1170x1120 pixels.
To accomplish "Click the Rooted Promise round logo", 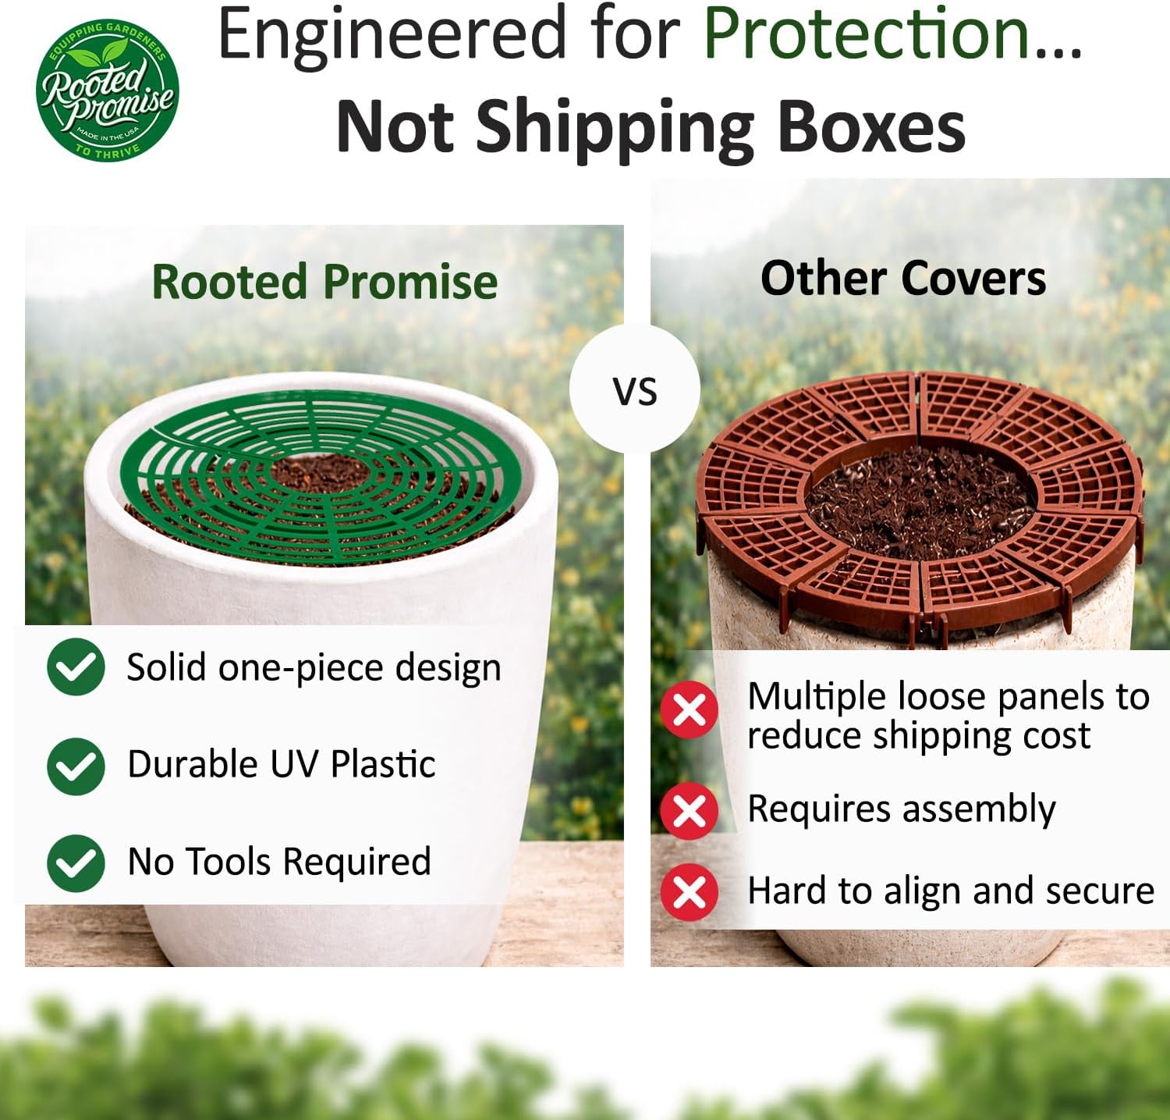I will click(x=108, y=91).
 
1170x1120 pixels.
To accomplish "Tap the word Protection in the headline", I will click(x=867, y=34).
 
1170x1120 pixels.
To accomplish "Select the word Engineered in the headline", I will click(x=391, y=34).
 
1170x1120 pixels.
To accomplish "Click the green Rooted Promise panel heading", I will click(x=324, y=282).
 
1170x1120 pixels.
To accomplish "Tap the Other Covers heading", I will click(x=902, y=279).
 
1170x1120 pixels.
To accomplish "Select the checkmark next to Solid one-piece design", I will click(x=76, y=667).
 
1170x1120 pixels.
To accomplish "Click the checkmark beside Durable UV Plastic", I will click(x=76, y=765).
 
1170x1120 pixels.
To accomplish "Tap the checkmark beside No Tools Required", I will click(x=76, y=862).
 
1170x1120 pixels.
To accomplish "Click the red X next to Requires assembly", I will click(x=689, y=810).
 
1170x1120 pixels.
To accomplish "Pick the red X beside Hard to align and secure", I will click(x=689, y=891).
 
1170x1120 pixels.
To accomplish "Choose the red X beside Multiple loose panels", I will click(x=689, y=709).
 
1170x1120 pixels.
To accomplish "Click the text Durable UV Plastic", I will click(x=281, y=764).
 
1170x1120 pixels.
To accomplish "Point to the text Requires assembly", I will click(x=901, y=809).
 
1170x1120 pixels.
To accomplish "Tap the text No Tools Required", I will click(x=278, y=862).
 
